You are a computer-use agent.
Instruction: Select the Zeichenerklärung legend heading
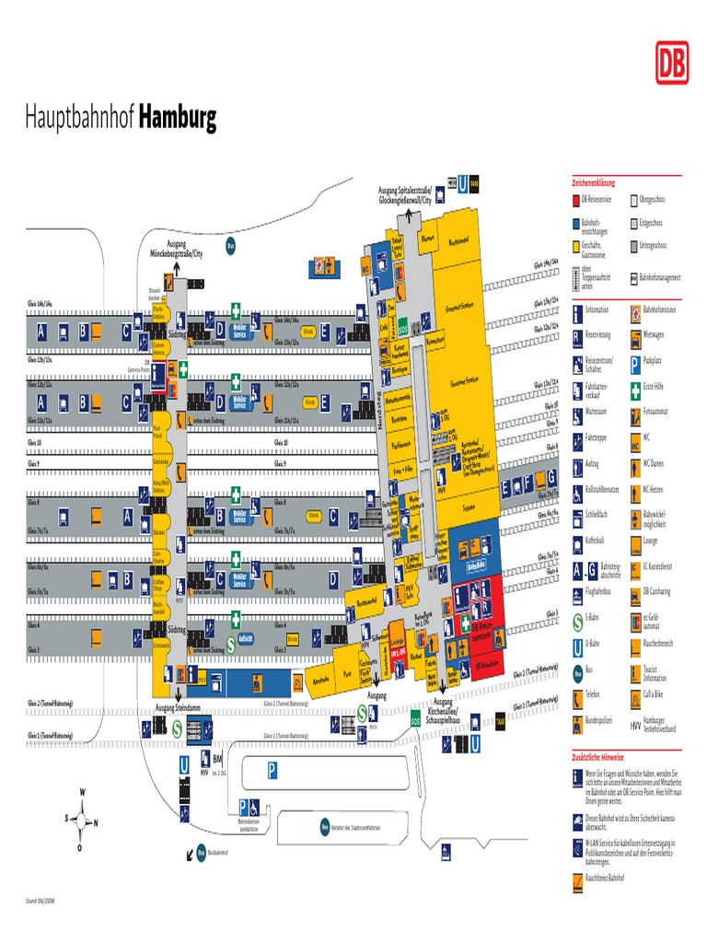(593, 182)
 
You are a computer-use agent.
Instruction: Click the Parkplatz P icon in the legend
(635, 362)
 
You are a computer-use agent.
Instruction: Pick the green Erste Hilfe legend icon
(635, 388)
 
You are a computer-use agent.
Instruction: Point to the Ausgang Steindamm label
(179, 707)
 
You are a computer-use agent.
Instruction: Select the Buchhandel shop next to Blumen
(458, 242)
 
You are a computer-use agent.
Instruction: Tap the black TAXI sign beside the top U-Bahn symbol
(474, 182)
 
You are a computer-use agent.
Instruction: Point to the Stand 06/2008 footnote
(41, 900)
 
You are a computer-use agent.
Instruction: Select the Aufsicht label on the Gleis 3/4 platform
(245, 637)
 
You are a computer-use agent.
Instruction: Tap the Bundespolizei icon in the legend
(577, 720)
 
